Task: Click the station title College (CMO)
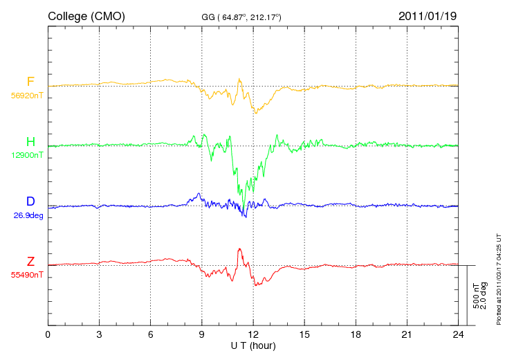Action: (x=86, y=17)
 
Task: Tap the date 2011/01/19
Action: (x=428, y=16)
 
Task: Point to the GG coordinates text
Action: (x=241, y=17)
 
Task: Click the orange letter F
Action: (x=30, y=82)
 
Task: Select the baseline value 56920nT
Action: (x=27, y=96)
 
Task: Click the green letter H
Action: (x=30, y=141)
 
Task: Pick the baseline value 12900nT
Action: (x=27, y=155)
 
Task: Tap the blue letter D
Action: (x=30, y=201)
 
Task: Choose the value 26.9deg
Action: (x=28, y=215)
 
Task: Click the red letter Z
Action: (x=30, y=261)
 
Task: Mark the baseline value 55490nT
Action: (x=27, y=275)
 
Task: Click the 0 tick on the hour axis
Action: (x=48, y=334)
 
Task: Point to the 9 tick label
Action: (x=201, y=334)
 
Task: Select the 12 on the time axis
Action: (x=253, y=334)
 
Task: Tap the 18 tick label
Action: (x=356, y=334)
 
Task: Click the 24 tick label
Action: (x=458, y=334)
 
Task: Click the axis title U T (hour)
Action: (x=253, y=346)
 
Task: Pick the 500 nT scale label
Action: (x=476, y=296)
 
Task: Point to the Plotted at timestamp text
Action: (x=499, y=279)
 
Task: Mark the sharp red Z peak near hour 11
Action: (x=239, y=249)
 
